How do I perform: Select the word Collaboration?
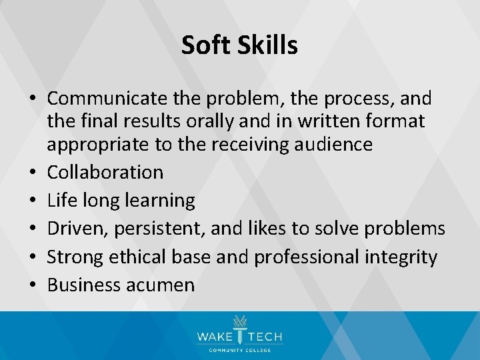click(105, 172)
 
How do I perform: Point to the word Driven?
click(77, 229)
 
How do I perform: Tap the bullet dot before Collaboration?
click(32, 173)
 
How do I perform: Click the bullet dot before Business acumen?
click(32, 286)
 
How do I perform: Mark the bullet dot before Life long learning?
click(32, 201)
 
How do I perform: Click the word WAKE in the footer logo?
click(213, 337)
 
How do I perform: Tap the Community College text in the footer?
click(239, 350)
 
